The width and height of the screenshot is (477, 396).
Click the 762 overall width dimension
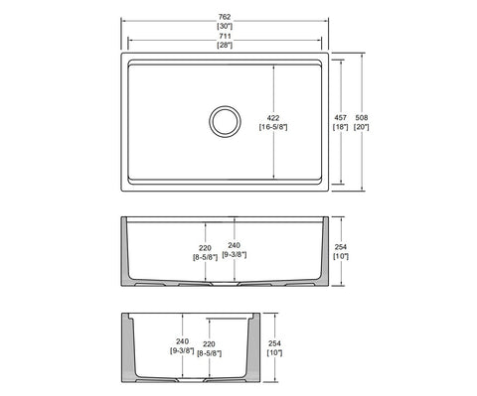click(x=225, y=17)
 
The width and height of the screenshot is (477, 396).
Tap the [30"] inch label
click(x=225, y=26)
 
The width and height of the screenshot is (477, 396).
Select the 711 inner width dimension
click(x=225, y=36)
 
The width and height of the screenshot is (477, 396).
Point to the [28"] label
click(x=225, y=46)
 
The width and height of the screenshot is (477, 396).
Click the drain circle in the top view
click(x=225, y=106)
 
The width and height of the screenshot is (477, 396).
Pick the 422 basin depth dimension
click(x=273, y=118)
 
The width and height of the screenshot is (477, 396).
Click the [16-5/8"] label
click(x=273, y=127)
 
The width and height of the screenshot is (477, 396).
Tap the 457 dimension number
click(x=341, y=117)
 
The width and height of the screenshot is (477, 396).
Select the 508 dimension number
click(x=362, y=117)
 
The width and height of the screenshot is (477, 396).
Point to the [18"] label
click(x=341, y=127)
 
